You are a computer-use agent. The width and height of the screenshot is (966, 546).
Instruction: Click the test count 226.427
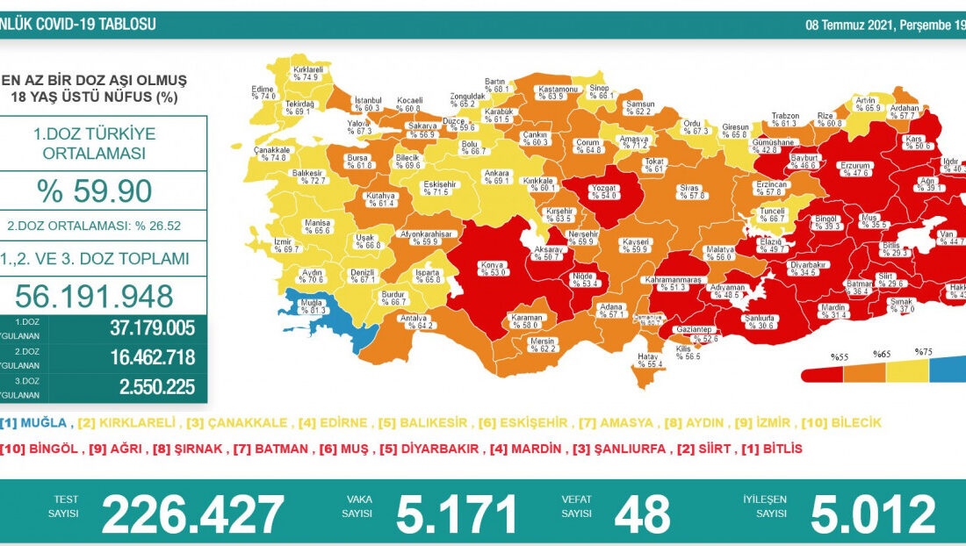pos(192,514)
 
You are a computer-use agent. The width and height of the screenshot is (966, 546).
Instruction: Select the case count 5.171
pos(457,514)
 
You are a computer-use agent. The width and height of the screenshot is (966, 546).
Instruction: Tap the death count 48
pos(643,514)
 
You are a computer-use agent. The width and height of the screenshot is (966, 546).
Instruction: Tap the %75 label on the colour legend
pos(923,352)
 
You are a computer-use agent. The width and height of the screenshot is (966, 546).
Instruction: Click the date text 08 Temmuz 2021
pos(847,25)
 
